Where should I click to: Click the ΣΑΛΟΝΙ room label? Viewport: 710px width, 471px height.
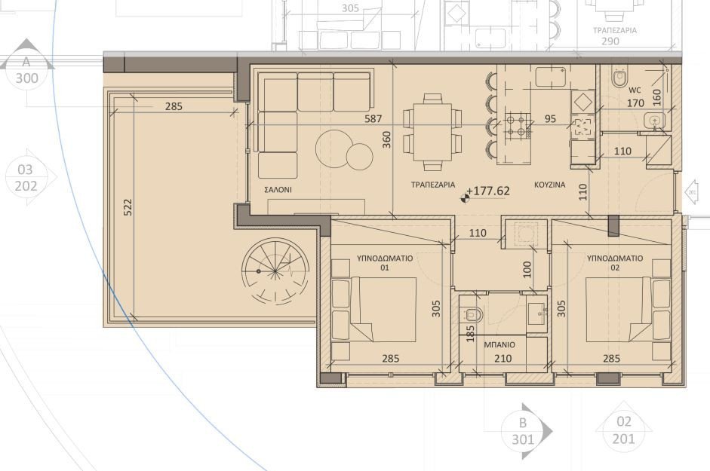[278, 190]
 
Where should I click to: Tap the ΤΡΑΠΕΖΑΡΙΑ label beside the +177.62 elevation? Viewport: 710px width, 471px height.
[432, 185]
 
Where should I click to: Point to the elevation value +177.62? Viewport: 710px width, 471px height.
[488, 191]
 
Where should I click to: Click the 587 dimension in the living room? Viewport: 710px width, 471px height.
[373, 119]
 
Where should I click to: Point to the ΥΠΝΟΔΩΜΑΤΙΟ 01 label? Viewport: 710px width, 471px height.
[384, 262]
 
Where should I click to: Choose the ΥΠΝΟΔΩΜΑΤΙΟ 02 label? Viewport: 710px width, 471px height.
[614, 262]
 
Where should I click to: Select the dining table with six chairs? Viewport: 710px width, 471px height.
[432, 131]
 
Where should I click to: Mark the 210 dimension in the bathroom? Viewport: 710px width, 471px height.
[503, 359]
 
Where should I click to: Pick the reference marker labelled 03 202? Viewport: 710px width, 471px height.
[25, 178]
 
